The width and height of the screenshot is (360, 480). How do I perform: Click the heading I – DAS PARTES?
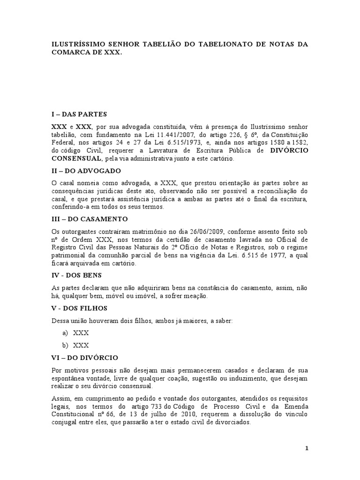[79, 114]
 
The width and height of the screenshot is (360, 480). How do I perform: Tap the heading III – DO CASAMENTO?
[89, 219]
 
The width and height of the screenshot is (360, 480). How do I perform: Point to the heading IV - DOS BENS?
[76, 275]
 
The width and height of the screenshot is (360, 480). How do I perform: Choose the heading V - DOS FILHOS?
[79, 308]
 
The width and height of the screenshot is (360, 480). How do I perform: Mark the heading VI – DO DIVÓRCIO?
[84, 357]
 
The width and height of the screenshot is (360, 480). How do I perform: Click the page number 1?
[307, 448]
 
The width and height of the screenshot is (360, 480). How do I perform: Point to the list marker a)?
[64, 333]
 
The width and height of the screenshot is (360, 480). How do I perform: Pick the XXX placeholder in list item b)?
[81, 345]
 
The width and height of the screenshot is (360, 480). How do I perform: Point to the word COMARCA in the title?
[72, 53]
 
